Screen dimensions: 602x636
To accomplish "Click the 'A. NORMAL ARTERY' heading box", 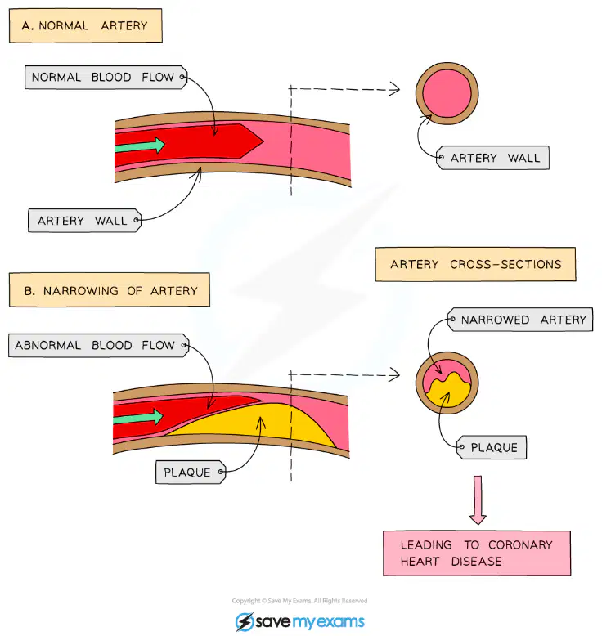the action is (86, 25).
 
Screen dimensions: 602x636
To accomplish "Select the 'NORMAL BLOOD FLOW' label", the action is (106, 77).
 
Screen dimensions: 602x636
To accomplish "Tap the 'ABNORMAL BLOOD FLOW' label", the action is (99, 345).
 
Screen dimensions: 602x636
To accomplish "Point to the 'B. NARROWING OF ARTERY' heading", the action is (110, 290).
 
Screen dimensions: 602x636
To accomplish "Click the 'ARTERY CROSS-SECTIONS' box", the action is (475, 264).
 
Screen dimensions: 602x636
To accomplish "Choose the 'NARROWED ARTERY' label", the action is (520, 320).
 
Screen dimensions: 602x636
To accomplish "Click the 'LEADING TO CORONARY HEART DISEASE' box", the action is (477, 553).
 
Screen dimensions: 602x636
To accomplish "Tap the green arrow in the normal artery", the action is (140, 146).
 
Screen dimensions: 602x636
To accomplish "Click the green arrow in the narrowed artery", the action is (138, 417).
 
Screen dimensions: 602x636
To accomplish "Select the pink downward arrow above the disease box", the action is (478, 499).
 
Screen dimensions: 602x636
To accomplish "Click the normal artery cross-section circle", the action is (447, 93).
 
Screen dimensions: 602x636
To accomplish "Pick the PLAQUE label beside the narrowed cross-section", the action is (492, 447).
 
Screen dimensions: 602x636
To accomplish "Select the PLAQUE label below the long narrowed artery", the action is (191, 473).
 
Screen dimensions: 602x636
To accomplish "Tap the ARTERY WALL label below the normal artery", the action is (85, 221).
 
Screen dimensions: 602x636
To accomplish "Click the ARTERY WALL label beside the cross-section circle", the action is (492, 158).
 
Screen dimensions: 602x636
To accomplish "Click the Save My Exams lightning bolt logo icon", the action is (245, 622).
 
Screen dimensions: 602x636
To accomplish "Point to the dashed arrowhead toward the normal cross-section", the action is (394, 89).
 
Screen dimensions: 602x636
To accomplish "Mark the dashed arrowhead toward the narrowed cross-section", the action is (394, 374).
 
